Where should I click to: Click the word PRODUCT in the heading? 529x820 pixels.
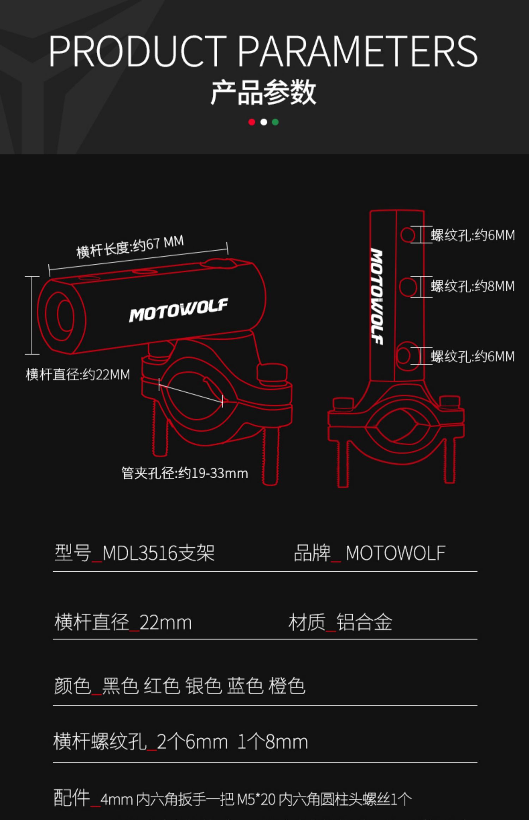(x=138, y=51)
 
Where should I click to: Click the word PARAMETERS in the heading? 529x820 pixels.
(x=358, y=51)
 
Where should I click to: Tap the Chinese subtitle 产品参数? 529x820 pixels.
(x=263, y=92)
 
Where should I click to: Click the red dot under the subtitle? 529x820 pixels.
(x=251, y=122)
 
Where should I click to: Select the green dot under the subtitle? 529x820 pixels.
(x=275, y=122)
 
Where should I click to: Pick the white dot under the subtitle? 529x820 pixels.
(x=263, y=122)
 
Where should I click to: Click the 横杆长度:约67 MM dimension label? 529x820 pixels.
(x=130, y=246)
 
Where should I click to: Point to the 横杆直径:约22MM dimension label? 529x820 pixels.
(x=78, y=374)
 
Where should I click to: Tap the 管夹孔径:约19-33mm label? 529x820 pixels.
(x=185, y=473)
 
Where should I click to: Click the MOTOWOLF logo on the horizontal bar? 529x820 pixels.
(x=178, y=310)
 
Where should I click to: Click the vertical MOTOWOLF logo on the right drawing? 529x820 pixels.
(x=377, y=296)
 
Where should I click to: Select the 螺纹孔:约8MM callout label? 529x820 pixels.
(x=473, y=286)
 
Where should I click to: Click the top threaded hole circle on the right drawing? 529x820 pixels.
(x=408, y=235)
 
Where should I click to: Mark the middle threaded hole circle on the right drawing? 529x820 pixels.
(x=408, y=287)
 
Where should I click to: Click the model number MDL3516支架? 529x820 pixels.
(x=158, y=553)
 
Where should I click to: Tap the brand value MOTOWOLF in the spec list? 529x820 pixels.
(x=395, y=553)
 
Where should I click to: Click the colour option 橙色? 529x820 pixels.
(x=287, y=686)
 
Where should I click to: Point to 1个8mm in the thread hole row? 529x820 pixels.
(x=273, y=742)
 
